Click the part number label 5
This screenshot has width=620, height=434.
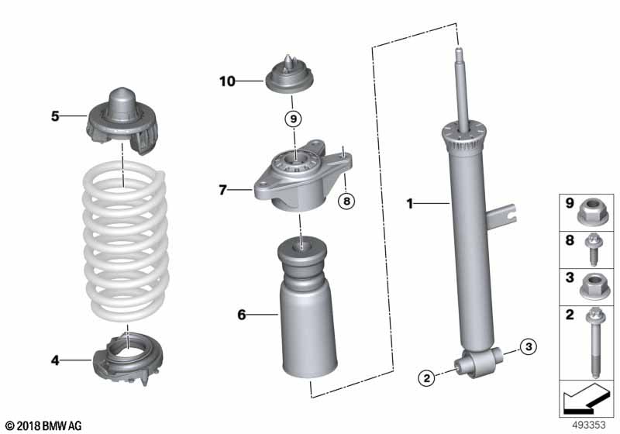coord(55,117)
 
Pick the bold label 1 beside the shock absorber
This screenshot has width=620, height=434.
coord(411,205)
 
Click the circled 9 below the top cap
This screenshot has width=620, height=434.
coord(291,119)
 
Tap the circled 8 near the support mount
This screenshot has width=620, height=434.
coord(346,201)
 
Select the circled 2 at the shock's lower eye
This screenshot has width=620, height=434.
coord(426,378)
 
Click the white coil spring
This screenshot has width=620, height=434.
coord(124,248)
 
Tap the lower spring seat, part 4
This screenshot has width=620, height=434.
coord(124,356)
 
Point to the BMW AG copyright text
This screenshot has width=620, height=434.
coord(43,425)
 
